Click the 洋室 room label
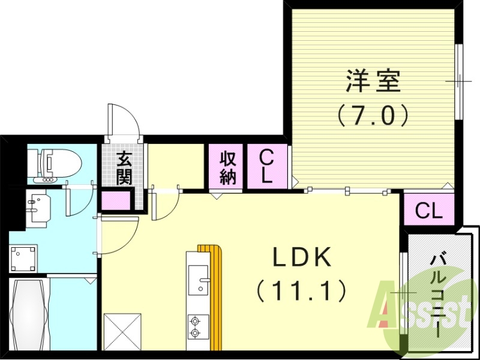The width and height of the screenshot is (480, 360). [x=372, y=82]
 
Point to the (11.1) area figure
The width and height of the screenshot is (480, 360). [x=302, y=292]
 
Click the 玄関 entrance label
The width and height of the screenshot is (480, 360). [x=124, y=168]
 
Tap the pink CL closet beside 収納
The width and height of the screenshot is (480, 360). [x=268, y=167]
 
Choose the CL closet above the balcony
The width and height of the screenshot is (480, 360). [x=429, y=210]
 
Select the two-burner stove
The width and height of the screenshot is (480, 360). [x=196, y=325]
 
